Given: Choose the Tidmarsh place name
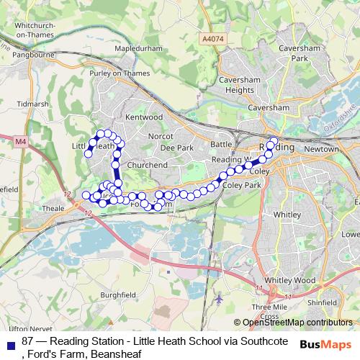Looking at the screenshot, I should [x=32, y=104].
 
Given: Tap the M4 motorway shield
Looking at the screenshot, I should [x=19, y=142].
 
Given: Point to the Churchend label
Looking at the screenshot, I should [x=147, y=165].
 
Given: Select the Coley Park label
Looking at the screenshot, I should [x=242, y=186].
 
